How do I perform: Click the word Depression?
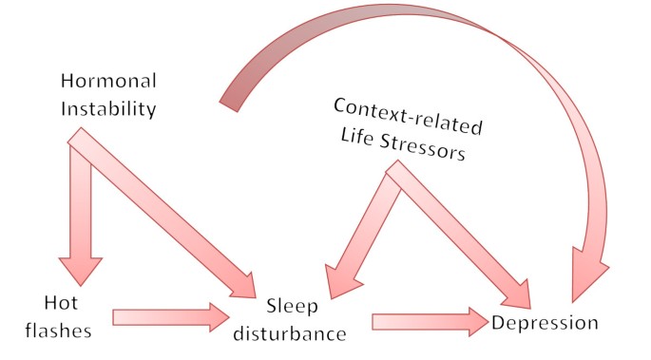tap(545, 323)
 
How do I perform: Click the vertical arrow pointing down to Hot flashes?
tap(80, 214)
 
